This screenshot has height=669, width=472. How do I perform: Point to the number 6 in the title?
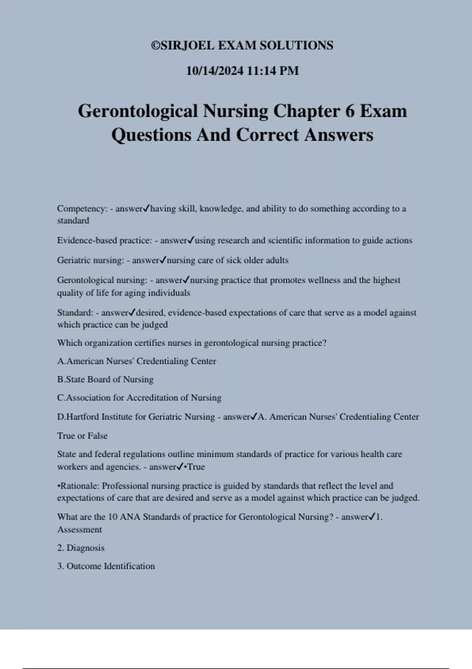tap(350, 111)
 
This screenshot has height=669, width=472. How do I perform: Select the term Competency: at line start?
tap(82, 209)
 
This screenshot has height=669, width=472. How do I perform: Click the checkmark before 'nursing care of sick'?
tap(163, 260)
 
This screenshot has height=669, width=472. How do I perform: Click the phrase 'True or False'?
tap(82, 436)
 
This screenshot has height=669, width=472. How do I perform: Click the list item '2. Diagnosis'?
tap(81, 548)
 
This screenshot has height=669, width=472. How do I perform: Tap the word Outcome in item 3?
tap(84, 566)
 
